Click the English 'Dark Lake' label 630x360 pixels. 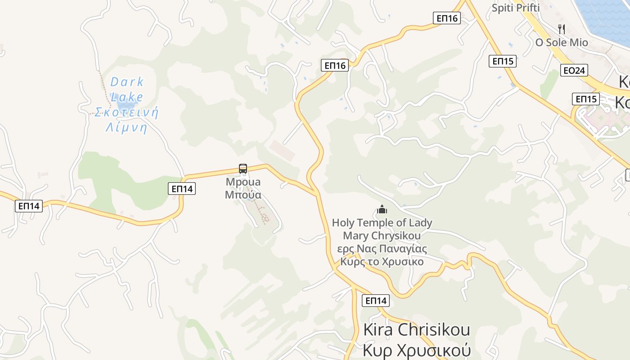click(127, 89)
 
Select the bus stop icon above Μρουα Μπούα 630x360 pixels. click(243, 169)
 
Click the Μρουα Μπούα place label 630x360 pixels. click(243, 189)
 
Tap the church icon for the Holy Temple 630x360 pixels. click(382, 209)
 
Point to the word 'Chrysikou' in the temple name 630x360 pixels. click(398, 236)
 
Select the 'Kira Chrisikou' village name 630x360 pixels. click(416, 329)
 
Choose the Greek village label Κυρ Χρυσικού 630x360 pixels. click(416, 350)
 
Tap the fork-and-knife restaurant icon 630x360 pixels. click(561, 29)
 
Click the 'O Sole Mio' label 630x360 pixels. click(561, 43)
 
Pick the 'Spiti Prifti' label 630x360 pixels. click(515, 8)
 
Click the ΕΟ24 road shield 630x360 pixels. click(574, 70)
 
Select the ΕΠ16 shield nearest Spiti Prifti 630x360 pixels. click(447, 18)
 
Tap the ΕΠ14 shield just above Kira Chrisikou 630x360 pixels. click(375, 301)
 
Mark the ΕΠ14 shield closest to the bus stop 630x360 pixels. click(182, 189)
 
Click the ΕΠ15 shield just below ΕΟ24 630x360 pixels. click(586, 99)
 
